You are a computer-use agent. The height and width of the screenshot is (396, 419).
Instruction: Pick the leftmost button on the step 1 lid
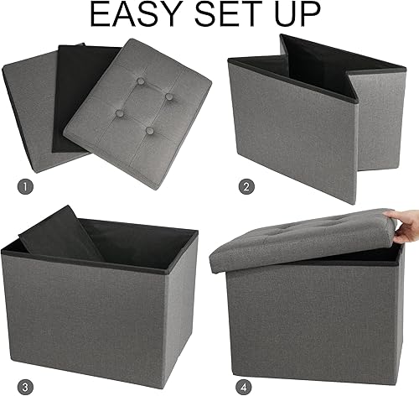[x=123, y=110]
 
